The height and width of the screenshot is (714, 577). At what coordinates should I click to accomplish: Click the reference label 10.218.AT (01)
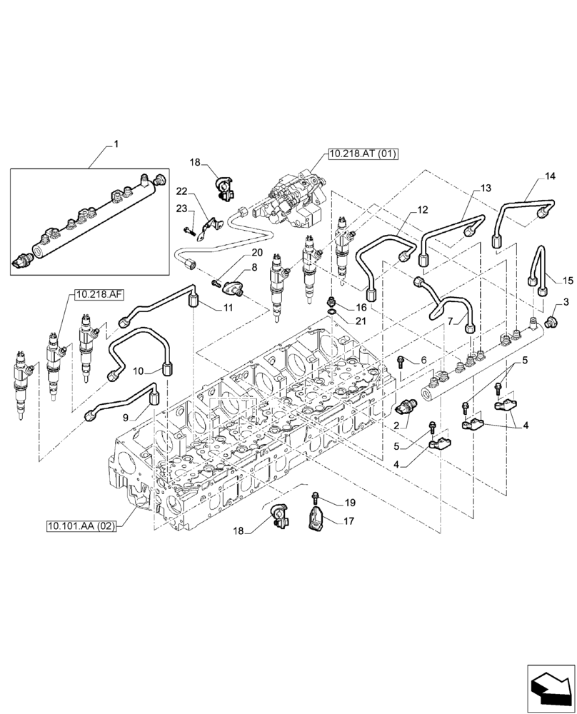click(x=363, y=153)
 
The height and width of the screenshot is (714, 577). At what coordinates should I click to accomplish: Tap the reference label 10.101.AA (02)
click(x=81, y=526)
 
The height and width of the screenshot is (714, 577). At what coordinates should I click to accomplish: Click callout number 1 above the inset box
click(x=117, y=144)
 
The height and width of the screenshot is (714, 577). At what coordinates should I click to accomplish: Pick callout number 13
click(x=486, y=188)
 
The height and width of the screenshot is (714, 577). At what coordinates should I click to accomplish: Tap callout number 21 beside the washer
click(x=361, y=321)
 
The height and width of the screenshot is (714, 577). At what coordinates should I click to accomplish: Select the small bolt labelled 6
click(x=401, y=361)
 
